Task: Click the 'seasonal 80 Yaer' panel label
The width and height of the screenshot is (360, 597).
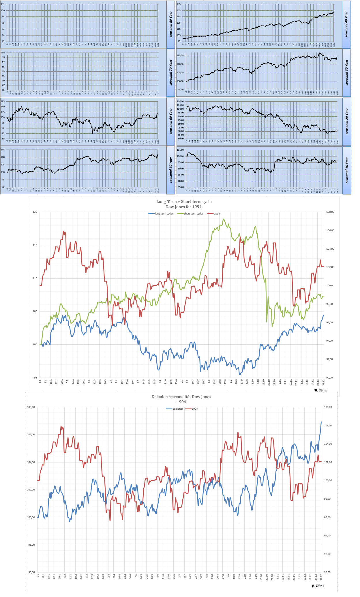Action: pyautogui.click(x=171, y=24)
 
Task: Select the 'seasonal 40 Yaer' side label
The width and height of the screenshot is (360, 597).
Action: pyautogui.click(x=346, y=24)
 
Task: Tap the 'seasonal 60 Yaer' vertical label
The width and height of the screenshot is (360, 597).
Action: pyautogui.click(x=171, y=121)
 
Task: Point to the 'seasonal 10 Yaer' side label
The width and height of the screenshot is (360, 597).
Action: pyautogui.click(x=347, y=170)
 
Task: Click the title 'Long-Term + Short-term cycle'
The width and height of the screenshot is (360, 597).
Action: pyautogui.click(x=184, y=202)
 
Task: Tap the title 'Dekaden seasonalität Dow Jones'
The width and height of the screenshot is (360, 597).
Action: pyautogui.click(x=181, y=397)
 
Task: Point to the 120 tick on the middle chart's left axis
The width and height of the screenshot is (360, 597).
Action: pyautogui.click(x=35, y=212)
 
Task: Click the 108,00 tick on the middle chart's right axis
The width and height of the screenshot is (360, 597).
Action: pyautogui.click(x=330, y=212)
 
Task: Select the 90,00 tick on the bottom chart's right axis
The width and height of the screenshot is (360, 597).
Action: pyautogui.click(x=328, y=572)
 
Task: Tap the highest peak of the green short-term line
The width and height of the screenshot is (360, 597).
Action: pyautogui.click(x=224, y=219)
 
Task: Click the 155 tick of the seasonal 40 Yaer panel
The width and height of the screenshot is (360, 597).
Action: pyautogui.click(x=178, y=4)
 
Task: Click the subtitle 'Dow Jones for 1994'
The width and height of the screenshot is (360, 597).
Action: pyautogui.click(x=183, y=207)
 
